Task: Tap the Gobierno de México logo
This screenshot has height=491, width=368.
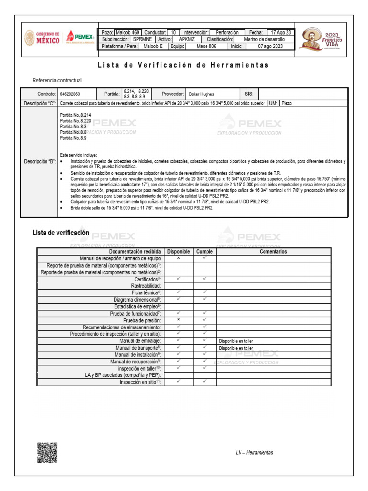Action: point(42,38)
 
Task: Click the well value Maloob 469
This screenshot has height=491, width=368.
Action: point(128,32)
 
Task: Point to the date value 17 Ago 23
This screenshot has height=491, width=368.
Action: point(281,32)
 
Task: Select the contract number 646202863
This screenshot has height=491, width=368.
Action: point(70,94)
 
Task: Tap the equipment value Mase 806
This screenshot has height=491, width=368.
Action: point(207,47)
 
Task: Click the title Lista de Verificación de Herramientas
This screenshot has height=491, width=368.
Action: point(184,65)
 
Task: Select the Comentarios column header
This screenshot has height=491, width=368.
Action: point(273,251)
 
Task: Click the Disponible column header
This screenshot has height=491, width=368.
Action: point(178,251)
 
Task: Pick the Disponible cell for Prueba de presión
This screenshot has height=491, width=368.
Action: point(178,320)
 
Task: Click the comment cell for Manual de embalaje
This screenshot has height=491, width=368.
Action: point(273,341)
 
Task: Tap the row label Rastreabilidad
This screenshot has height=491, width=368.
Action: point(146,285)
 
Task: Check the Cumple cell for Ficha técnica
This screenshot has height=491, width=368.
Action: point(204,292)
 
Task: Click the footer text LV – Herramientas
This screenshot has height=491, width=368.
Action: point(254,453)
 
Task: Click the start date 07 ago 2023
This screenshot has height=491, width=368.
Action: point(270,47)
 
